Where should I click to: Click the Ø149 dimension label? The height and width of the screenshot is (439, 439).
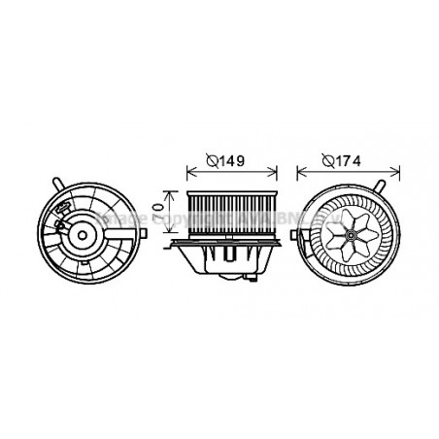[229, 162]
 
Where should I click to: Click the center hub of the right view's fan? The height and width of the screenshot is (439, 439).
[344, 233]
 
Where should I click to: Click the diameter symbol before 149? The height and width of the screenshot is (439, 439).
[214, 162]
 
